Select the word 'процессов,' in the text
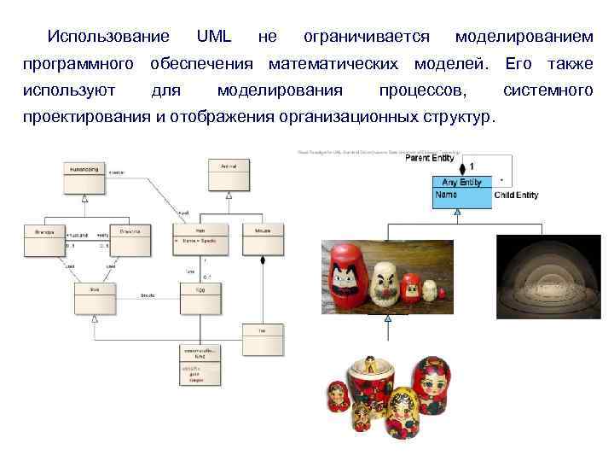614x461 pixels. click(423, 90)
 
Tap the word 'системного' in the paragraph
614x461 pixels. click(548, 90)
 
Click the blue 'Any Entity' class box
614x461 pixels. click(461, 182)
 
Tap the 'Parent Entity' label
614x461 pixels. click(430, 158)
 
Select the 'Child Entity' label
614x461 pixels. click(516, 195)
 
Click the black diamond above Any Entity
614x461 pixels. click(462, 168)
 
